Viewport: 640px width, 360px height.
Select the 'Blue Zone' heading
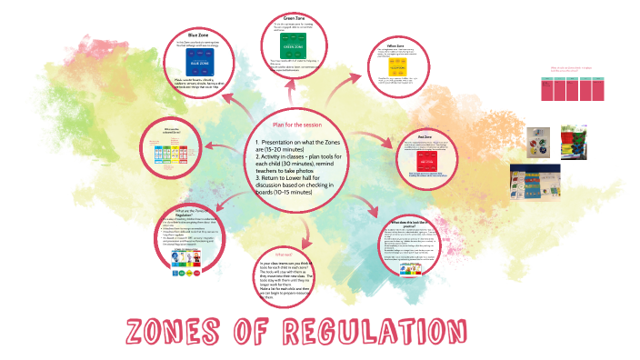pos(199,34)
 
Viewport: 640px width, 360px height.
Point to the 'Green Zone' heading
pos(293,17)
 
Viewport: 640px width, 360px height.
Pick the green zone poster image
pos(293,45)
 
